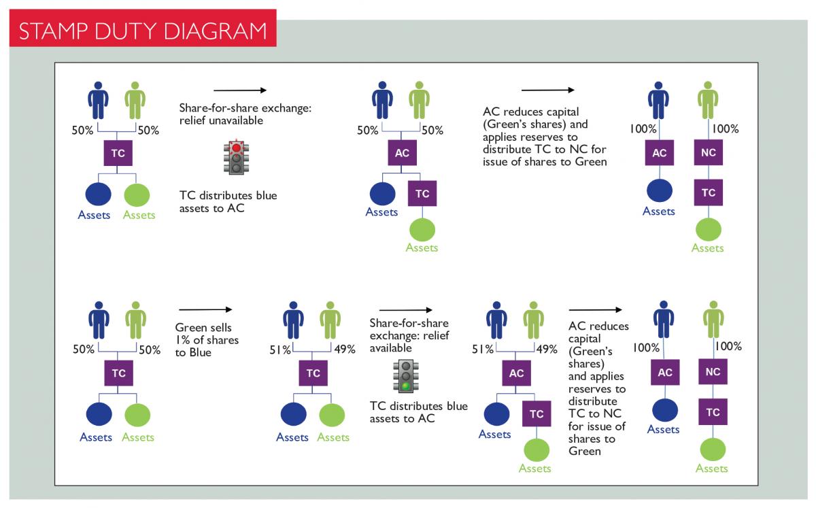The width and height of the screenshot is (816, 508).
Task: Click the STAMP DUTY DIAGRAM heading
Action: tap(142, 31)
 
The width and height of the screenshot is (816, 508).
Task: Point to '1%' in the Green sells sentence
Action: tap(184, 340)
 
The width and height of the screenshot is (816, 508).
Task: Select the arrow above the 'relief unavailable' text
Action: tap(239, 90)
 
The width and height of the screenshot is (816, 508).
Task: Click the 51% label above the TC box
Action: tap(281, 350)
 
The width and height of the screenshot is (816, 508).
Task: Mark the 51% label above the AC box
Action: tap(483, 350)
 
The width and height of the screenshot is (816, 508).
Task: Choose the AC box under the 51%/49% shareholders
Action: tap(516, 373)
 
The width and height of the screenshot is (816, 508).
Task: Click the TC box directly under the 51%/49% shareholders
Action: tap(313, 373)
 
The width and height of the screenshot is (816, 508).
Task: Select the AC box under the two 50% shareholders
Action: tap(402, 153)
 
